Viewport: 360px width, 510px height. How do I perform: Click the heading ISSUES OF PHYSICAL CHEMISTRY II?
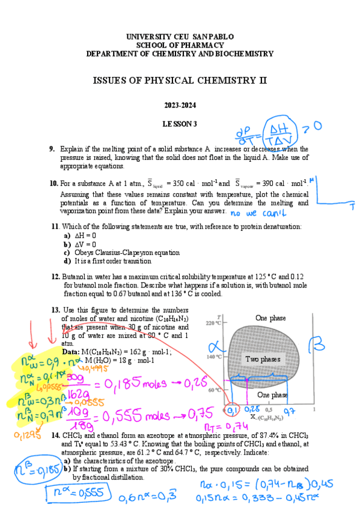[x=180, y=81]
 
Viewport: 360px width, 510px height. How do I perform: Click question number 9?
[x=52, y=149]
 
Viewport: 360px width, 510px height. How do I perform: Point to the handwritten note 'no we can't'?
[x=259, y=213]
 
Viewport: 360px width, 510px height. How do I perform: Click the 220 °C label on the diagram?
[x=214, y=324]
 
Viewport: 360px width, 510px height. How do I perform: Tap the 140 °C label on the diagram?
[x=214, y=357]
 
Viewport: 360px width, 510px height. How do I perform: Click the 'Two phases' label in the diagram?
[x=263, y=359]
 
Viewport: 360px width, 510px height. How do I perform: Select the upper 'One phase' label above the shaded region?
[x=270, y=318]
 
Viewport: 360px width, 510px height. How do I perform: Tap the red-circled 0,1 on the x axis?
[x=230, y=410]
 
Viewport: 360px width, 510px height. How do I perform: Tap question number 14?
[x=55, y=435]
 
